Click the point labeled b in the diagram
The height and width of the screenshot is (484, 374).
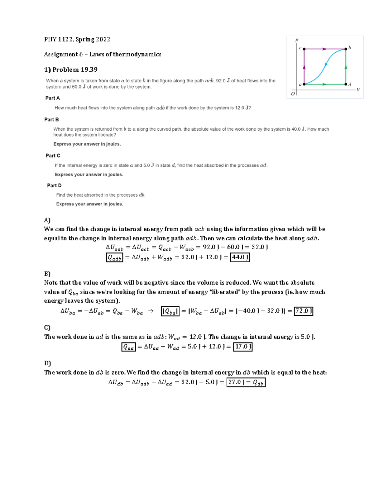346,49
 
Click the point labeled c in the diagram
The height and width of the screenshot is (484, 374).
304,49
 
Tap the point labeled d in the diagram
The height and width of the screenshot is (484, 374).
346,84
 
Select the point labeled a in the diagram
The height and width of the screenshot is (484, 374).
304,84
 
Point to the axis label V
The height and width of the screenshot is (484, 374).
358,90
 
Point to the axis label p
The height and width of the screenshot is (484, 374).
297,40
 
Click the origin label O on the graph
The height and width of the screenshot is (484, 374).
293,93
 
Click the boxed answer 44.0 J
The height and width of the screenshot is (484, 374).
240,257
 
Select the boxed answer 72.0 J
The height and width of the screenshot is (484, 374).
304,311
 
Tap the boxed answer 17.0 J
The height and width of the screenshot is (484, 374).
242,347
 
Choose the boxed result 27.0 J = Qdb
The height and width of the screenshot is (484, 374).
246,382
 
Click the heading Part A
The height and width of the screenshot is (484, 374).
52,98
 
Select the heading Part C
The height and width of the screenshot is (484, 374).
53,156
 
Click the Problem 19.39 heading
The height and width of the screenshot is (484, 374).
71,69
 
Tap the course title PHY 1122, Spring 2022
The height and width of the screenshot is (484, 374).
77,39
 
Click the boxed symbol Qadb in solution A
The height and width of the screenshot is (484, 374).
114,258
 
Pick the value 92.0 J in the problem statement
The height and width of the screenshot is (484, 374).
223,81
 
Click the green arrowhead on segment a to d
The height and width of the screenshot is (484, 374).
324,84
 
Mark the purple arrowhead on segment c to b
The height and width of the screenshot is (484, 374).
324,49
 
